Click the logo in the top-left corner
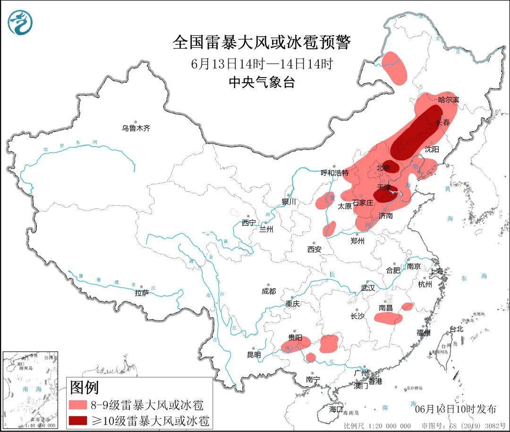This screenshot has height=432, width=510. pos(20,22)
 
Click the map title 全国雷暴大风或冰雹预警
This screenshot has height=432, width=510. pos(261,43)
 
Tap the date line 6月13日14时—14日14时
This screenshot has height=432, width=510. pos(262,64)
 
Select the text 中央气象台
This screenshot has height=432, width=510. pos(262,82)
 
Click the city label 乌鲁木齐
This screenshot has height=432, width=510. pos(136,128)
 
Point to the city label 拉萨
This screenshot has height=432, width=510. pos(142,293)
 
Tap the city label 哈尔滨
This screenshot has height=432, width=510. pos(449,100)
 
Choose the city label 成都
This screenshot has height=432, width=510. pos(269,292)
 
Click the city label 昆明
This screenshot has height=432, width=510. pos(254,354)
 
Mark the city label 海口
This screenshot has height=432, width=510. pos(336,409)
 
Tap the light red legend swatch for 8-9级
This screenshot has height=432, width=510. pos(84,405)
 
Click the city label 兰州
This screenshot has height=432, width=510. pos(266,230)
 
